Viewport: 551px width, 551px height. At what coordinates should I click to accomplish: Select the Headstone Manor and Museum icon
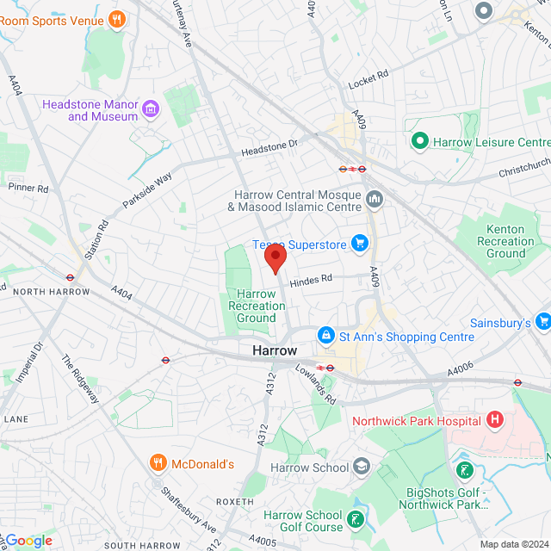152,108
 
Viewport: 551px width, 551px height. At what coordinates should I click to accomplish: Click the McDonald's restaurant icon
158,464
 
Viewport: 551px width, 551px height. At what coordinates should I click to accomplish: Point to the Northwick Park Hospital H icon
494,420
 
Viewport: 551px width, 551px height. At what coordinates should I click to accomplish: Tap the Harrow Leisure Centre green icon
420,141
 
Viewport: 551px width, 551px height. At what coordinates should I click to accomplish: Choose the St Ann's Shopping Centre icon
326,335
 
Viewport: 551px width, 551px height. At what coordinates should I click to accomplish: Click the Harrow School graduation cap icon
362,467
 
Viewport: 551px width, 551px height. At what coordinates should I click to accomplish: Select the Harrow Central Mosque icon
375,200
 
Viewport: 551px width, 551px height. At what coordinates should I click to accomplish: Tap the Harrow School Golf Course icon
355,521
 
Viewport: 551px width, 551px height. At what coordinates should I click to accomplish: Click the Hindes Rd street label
310,279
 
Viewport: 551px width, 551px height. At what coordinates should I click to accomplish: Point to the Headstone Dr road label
269,149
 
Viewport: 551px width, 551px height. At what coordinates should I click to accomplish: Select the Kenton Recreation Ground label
505,241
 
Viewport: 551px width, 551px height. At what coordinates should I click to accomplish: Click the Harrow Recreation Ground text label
257,306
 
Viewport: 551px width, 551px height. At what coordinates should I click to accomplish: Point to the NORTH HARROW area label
52,292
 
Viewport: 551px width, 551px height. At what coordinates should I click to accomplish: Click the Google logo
28,540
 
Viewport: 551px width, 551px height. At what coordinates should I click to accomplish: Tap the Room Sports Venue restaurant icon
117,18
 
